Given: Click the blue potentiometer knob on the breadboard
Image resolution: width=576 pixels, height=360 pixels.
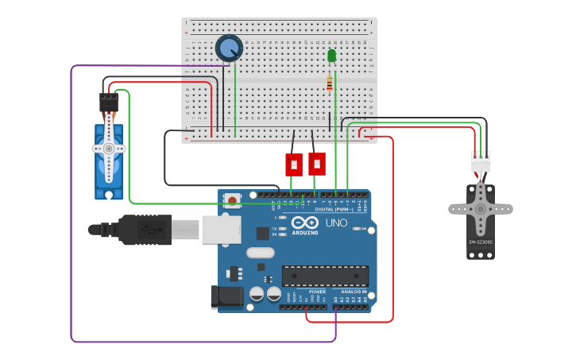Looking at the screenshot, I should pyautogui.click(x=229, y=48).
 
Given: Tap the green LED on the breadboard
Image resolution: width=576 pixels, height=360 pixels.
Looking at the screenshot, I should pyautogui.click(x=331, y=56).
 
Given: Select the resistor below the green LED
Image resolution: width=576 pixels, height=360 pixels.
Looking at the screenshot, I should pyautogui.click(x=330, y=83).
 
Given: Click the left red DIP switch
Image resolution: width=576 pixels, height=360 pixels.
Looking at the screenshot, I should pyautogui.click(x=294, y=165).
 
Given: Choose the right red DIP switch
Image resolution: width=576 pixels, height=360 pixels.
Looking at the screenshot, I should pyautogui.click(x=316, y=164).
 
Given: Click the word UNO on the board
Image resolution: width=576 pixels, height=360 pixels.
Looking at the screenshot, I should pyautogui.click(x=336, y=223).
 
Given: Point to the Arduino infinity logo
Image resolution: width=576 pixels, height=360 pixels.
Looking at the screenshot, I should pyautogui.click(x=305, y=223).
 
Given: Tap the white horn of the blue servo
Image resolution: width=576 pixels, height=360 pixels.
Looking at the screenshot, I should pyautogui.click(x=109, y=149).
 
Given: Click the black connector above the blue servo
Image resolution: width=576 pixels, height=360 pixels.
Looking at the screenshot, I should pyautogui.click(x=109, y=102).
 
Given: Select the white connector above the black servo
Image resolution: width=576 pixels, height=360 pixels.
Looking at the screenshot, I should pyautogui.click(x=481, y=162).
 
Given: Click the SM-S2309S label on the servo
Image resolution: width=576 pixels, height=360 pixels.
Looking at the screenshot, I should pyautogui.click(x=480, y=242).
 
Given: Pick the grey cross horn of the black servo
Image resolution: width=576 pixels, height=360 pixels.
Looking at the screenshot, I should pyautogui.click(x=480, y=209).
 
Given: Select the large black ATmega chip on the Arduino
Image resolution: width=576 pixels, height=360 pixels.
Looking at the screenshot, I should pyautogui.click(x=325, y=276).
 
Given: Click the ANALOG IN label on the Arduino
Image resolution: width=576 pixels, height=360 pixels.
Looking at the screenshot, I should pyautogui.click(x=354, y=292).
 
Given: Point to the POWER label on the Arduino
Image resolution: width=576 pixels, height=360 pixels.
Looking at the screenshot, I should pyautogui.click(x=317, y=292).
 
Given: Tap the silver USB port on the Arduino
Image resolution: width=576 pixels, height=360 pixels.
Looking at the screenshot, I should pyautogui.click(x=221, y=229).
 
